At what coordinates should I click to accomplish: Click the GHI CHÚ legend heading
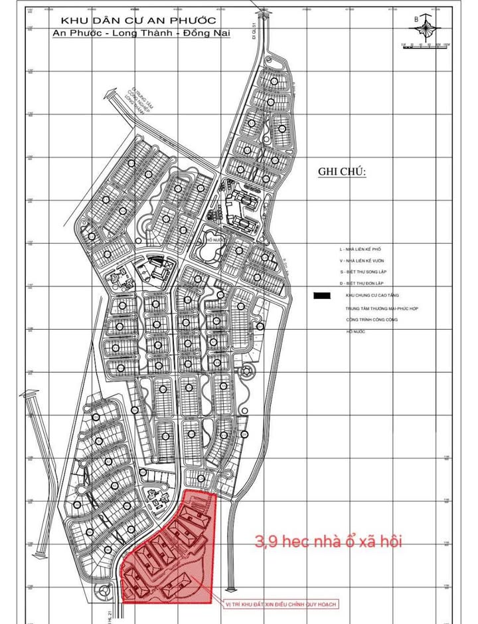(343, 171)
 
